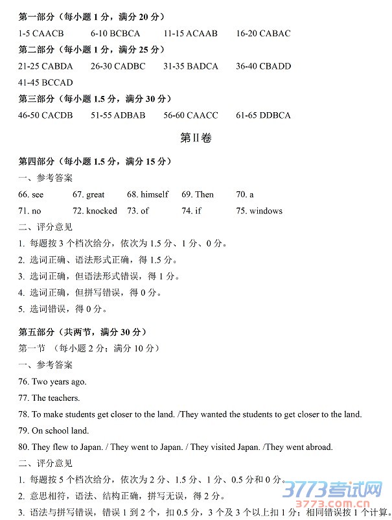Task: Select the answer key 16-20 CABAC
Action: click(x=263, y=33)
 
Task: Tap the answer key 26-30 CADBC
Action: click(x=118, y=66)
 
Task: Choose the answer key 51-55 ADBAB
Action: click(x=118, y=115)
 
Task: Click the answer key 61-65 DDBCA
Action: click(x=263, y=115)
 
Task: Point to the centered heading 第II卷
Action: click(x=196, y=138)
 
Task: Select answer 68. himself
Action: click(x=147, y=195)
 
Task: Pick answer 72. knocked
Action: click(x=95, y=211)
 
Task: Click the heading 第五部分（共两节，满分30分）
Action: click(x=87, y=332)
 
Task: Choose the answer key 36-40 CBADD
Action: click(x=263, y=66)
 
